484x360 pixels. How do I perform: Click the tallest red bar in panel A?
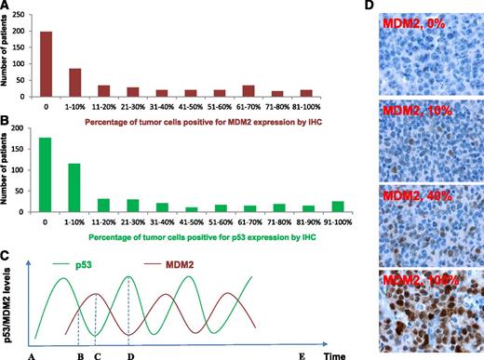pos(46,57)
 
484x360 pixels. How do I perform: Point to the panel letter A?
pos(7,7)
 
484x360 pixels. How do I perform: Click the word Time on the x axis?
pos(336,354)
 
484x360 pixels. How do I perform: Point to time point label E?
pos(300,354)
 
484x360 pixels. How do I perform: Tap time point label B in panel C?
pos(79,354)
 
